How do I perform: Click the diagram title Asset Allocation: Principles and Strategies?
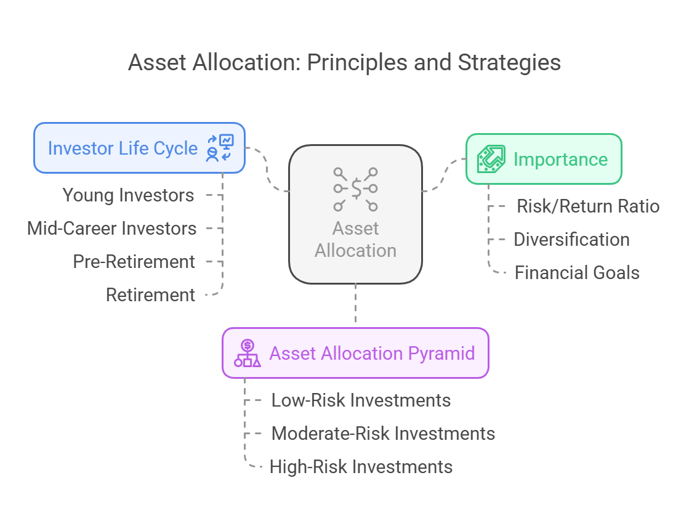[345, 62]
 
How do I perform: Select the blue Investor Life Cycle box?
[139, 148]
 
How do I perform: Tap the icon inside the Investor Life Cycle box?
[220, 148]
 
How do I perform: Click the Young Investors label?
[128, 195]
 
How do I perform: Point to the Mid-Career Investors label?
[111, 229]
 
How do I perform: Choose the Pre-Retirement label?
[134, 261]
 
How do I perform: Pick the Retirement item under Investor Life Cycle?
[151, 295]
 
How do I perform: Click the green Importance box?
[544, 159]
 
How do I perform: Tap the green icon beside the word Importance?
[491, 159]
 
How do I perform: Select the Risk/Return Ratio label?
[588, 206]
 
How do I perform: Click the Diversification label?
[571, 240]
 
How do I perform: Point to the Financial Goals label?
[577, 272]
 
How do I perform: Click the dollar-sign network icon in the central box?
[355, 189]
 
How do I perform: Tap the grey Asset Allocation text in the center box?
[355, 240]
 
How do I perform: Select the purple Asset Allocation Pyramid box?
[355, 353]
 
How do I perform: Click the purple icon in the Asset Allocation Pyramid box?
[248, 353]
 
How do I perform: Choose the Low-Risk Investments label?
[361, 400]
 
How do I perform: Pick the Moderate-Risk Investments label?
[383, 433]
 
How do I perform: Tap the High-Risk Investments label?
[361, 467]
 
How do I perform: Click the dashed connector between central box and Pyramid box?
[355, 303]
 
